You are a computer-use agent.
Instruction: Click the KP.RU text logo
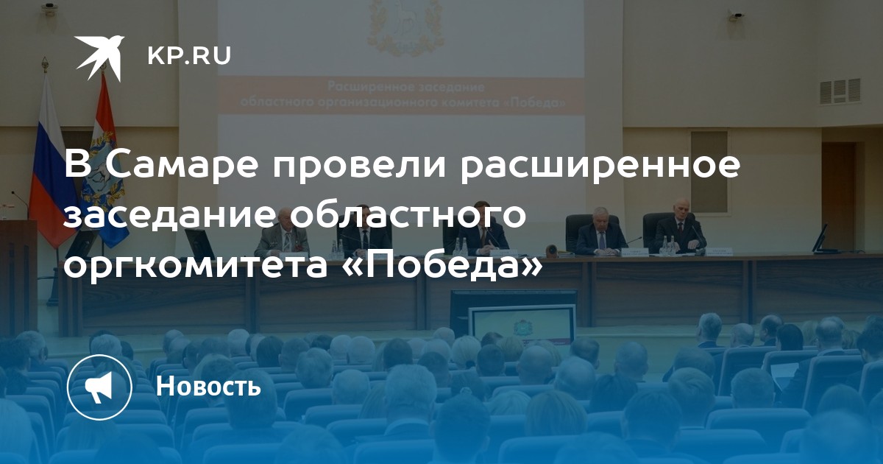coord(189,56)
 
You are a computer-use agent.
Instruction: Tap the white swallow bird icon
coord(100,57)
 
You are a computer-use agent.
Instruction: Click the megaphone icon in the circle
coord(99,387)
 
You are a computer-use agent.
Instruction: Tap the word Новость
coord(208,385)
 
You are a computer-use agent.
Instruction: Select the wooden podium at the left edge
coord(18,273)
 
